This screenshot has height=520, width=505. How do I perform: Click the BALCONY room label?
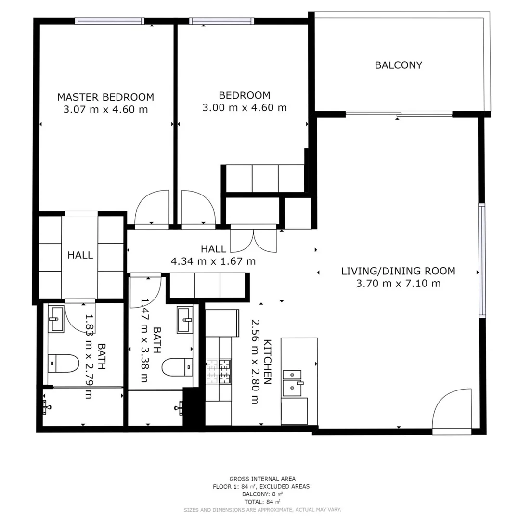point(398,65)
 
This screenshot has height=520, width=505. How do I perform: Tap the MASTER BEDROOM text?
point(105,97)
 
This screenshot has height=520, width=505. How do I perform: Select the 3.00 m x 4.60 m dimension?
point(245,107)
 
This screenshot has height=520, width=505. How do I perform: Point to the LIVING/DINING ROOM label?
point(398,271)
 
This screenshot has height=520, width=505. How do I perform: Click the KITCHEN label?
point(267,362)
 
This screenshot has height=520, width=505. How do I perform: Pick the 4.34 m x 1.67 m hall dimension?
point(213,261)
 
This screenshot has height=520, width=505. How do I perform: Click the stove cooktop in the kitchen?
point(219,371)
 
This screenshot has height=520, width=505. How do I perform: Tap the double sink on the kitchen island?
point(292,383)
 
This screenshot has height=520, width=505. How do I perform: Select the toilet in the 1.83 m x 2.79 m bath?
point(64,364)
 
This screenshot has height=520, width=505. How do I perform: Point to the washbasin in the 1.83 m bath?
point(57,319)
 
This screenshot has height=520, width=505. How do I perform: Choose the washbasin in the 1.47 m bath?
point(185,320)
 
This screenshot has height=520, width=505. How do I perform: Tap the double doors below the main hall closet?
point(253,240)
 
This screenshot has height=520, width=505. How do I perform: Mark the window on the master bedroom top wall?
point(110,21)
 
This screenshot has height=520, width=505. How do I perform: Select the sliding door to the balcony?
point(399,114)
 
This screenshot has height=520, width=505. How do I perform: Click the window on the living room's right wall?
point(481,260)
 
